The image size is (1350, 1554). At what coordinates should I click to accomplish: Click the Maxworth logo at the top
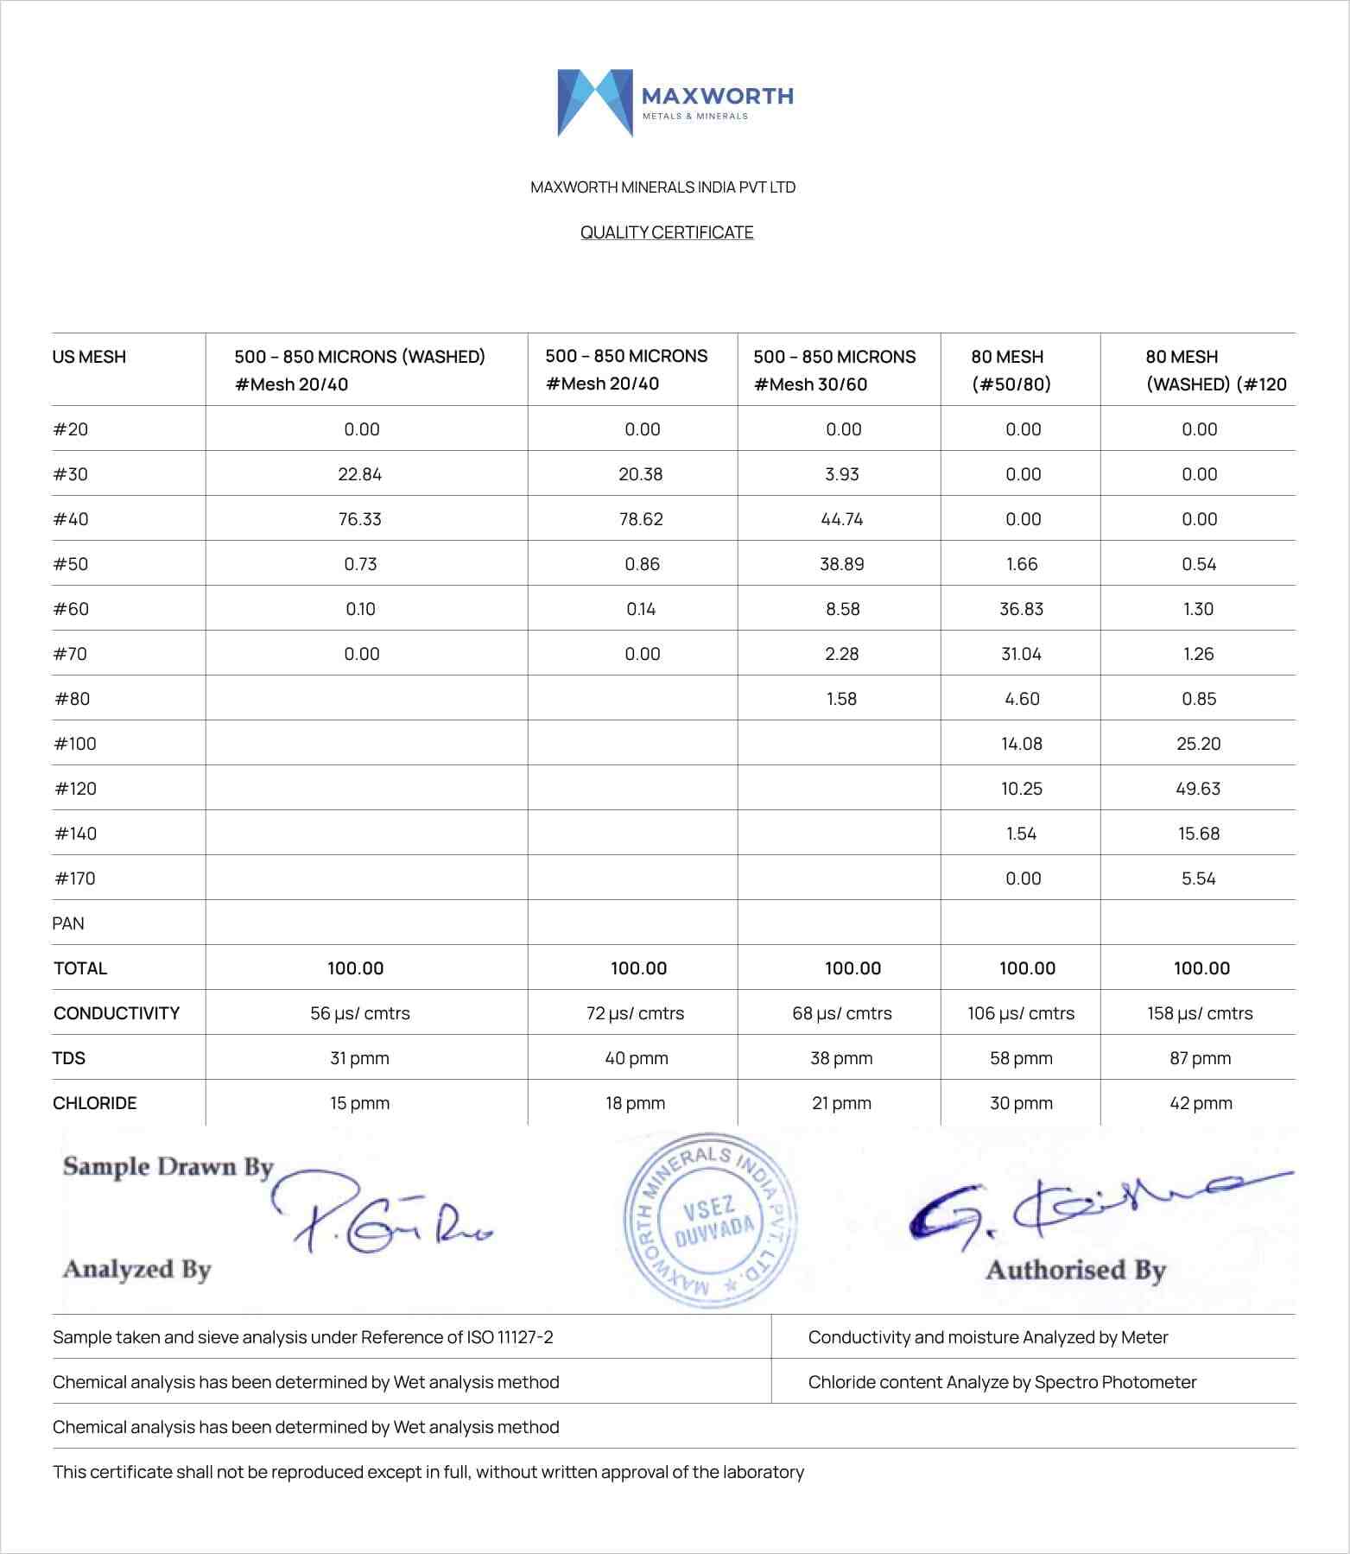pyautogui.click(x=675, y=103)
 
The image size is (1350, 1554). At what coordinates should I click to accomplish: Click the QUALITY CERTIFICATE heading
pyautogui.click(x=667, y=232)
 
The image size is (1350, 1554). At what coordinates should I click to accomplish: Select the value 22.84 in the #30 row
pyautogui.click(x=360, y=474)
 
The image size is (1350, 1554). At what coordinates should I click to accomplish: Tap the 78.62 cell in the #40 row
pyautogui.click(x=641, y=519)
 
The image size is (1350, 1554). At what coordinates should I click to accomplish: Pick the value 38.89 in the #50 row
pyautogui.click(x=842, y=564)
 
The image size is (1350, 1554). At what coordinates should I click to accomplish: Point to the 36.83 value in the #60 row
pyautogui.click(x=1022, y=609)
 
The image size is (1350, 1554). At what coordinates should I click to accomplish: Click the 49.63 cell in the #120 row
pyautogui.click(x=1198, y=789)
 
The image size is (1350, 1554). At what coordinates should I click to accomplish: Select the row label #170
pyautogui.click(x=75, y=878)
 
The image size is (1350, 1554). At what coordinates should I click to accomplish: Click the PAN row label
pyautogui.click(x=68, y=923)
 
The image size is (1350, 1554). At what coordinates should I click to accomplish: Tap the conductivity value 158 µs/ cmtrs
pyautogui.click(x=1200, y=1013)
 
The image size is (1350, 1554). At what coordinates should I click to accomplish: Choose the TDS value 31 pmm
pyautogui.click(x=359, y=1058)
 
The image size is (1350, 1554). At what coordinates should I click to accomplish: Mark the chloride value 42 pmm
pyautogui.click(x=1201, y=1103)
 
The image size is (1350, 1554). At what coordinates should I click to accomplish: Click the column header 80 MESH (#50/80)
pyautogui.click(x=1011, y=370)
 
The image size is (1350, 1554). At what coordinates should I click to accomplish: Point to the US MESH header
pyautogui.click(x=89, y=357)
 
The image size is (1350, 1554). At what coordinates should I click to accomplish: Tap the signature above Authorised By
pyautogui.click(x=1088, y=1206)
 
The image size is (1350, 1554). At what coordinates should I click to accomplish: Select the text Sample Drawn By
pyautogui.click(x=168, y=1167)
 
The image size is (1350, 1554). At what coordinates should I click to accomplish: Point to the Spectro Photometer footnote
pyautogui.click(x=1002, y=1382)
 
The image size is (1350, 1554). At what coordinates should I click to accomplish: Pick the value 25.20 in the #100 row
pyautogui.click(x=1198, y=744)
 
